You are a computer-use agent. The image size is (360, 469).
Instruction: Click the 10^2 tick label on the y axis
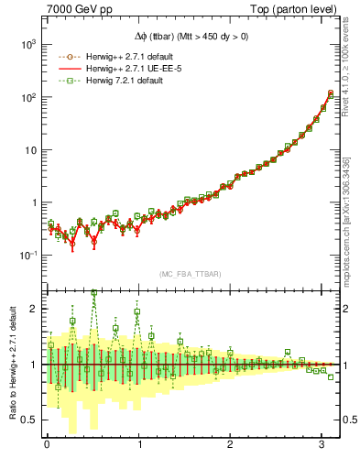pos(28,97)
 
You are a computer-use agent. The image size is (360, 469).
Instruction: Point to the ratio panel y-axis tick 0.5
pos(30,420)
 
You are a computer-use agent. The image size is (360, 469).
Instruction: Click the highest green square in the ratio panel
pos(93,293)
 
